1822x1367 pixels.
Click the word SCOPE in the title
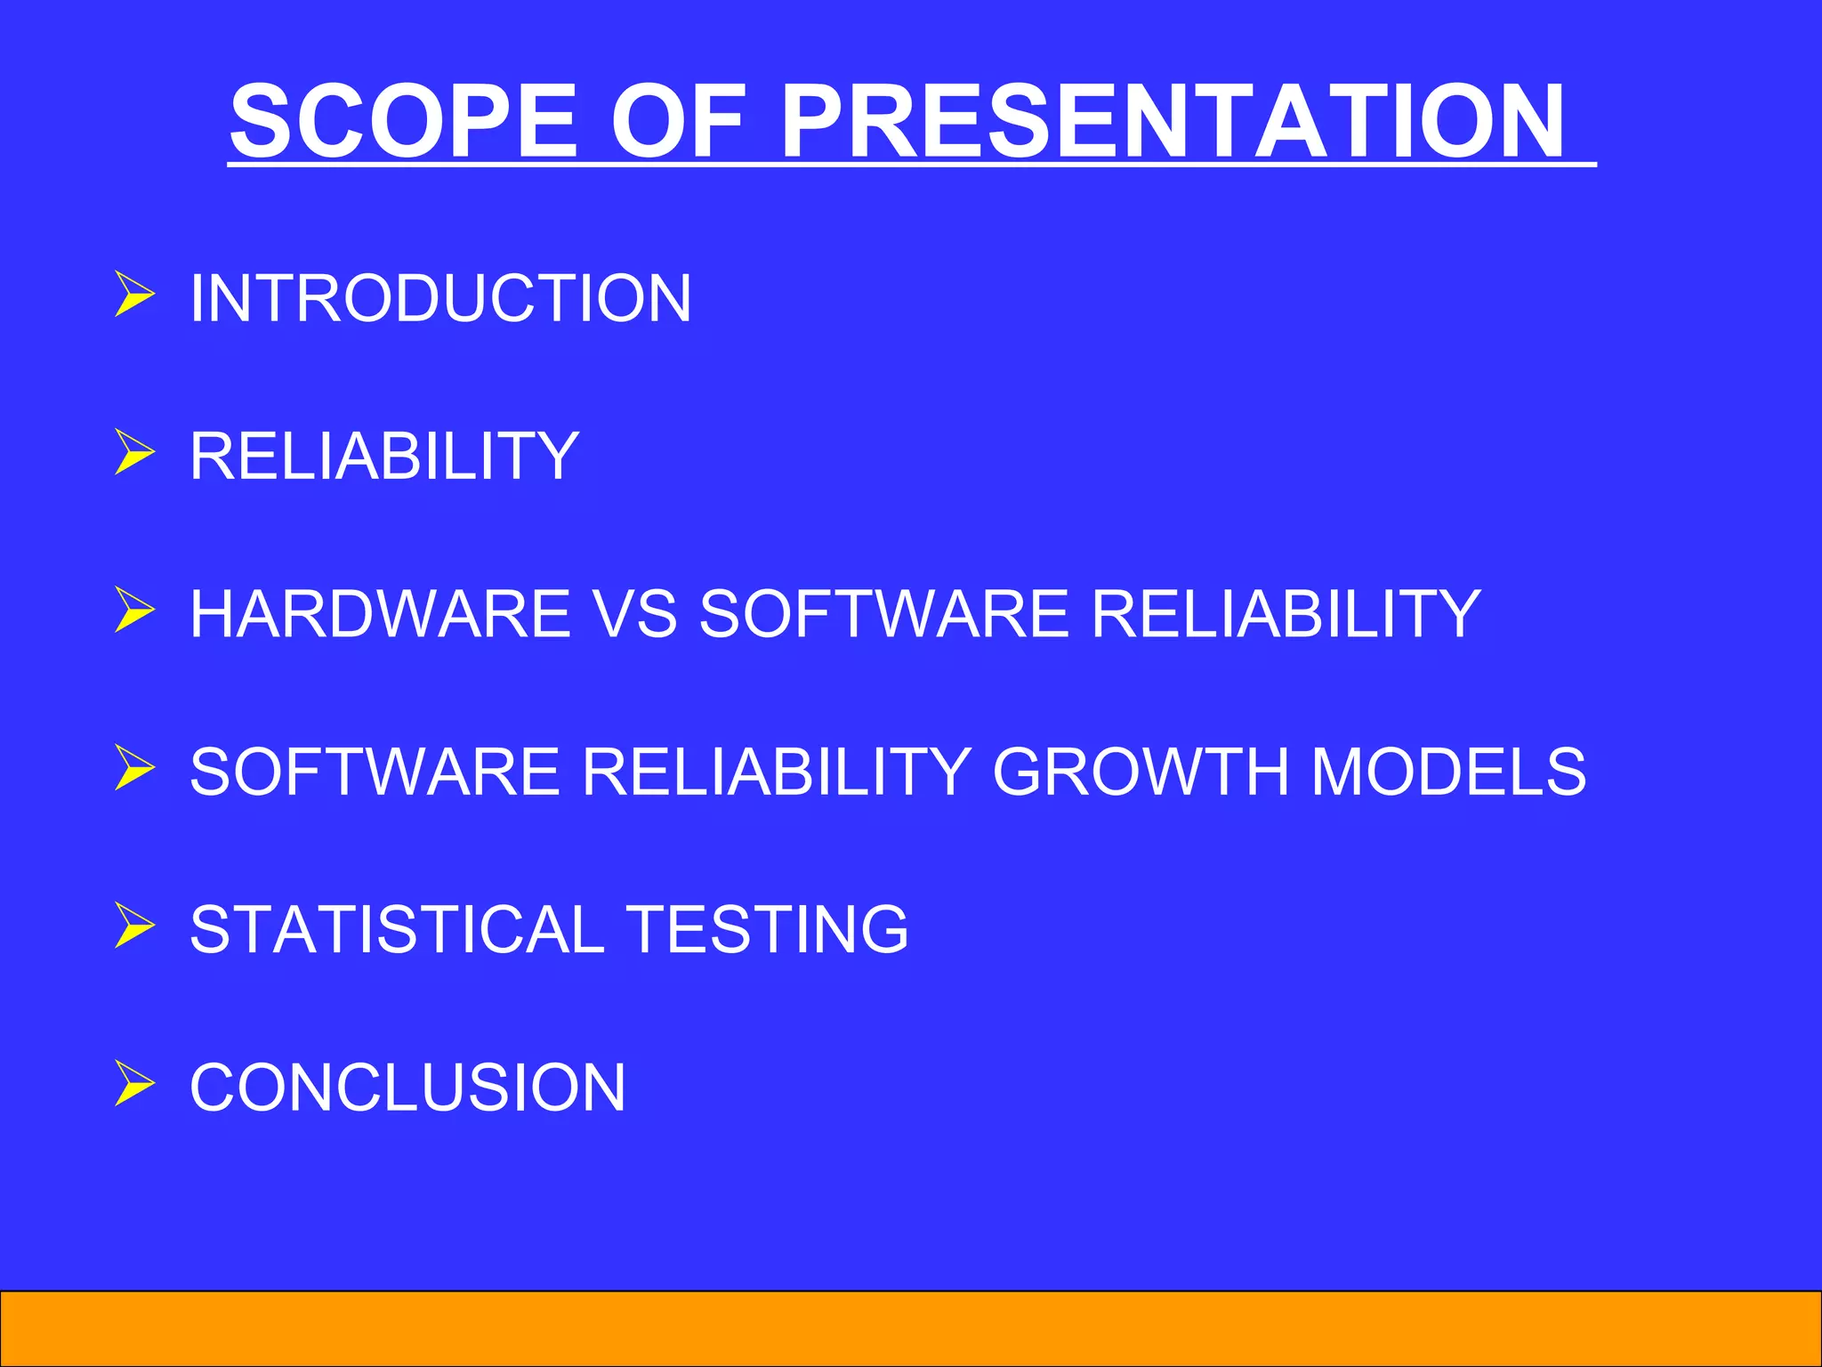coord(402,120)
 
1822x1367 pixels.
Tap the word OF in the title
coord(678,120)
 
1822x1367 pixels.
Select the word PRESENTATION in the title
coord(1172,120)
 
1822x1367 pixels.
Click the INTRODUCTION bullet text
coord(440,297)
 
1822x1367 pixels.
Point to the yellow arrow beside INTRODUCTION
coord(134,295)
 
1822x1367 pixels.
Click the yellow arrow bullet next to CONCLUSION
coord(134,1084)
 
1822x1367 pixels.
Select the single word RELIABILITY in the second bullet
coord(384,456)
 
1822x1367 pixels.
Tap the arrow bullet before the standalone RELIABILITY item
coord(134,453)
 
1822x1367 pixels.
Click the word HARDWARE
coord(380,613)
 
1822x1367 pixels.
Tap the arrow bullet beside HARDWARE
coord(134,611)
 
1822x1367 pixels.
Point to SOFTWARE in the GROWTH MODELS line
coord(375,771)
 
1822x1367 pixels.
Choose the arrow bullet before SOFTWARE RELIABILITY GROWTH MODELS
coord(134,768)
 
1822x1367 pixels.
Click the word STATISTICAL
coord(397,929)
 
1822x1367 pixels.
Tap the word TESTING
coord(767,929)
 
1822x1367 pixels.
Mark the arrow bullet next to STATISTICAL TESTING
coord(134,926)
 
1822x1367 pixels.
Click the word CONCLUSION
coord(407,1087)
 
